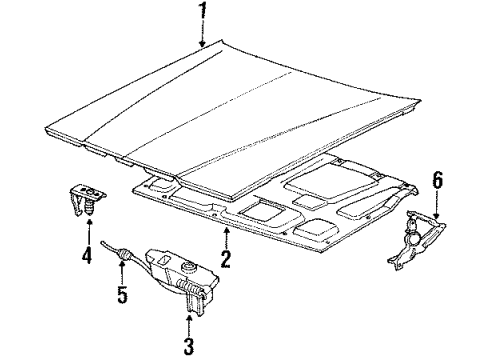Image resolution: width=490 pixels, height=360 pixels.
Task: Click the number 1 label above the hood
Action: (203, 14)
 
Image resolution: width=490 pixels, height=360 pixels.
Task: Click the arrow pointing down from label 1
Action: (203, 36)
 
